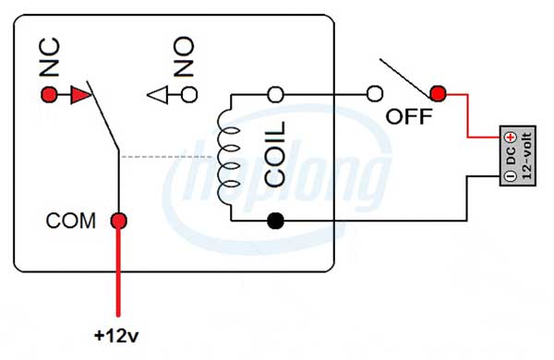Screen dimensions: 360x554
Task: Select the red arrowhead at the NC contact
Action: click(x=81, y=94)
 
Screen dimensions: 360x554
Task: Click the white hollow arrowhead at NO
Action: click(x=159, y=94)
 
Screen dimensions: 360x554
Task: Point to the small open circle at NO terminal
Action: click(x=188, y=94)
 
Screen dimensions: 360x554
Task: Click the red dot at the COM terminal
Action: click(x=118, y=221)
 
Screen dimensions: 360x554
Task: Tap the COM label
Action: click(x=71, y=222)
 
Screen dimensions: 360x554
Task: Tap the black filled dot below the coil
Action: click(x=274, y=221)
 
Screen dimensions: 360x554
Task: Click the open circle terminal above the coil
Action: click(x=274, y=94)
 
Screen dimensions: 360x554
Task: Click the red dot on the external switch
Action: click(x=438, y=93)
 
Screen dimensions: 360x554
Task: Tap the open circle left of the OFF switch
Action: click(x=375, y=94)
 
